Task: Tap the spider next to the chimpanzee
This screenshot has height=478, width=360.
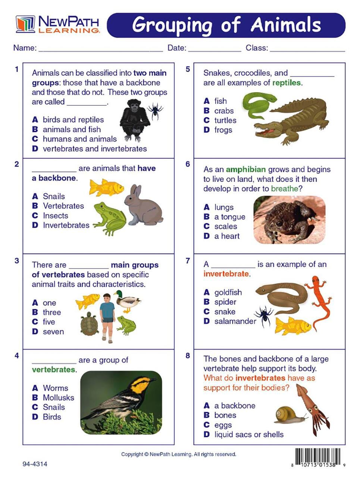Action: click(x=155, y=111)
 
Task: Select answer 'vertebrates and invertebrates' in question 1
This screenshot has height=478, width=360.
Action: click(x=95, y=149)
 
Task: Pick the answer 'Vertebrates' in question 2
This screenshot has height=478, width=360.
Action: click(x=63, y=206)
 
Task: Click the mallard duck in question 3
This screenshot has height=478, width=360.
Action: click(x=128, y=301)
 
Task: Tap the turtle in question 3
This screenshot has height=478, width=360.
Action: click(x=90, y=324)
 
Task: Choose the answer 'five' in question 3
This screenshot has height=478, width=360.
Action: click(x=49, y=322)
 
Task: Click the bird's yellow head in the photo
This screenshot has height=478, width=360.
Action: click(x=141, y=385)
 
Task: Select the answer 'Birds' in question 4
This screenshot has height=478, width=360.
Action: click(x=52, y=417)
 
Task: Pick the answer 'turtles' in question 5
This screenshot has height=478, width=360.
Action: click(x=225, y=120)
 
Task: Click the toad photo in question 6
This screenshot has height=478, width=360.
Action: click(x=289, y=220)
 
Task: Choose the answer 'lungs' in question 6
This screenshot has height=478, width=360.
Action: click(x=224, y=207)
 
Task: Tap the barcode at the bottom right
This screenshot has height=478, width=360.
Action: click(x=318, y=458)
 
